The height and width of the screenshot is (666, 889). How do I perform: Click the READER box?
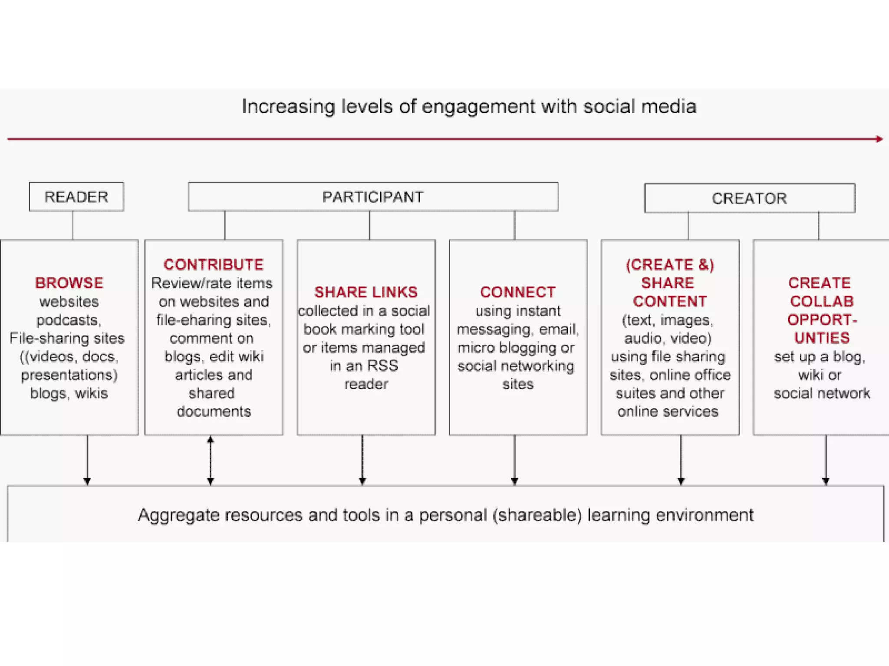pyautogui.click(x=76, y=197)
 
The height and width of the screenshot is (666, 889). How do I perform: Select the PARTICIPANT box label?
pyautogui.click(x=372, y=197)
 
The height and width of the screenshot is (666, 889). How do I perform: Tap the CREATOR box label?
pyautogui.click(x=749, y=198)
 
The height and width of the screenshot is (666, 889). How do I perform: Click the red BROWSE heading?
pyautogui.click(x=69, y=283)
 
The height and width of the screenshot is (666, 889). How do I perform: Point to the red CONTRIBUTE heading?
pyautogui.click(x=214, y=264)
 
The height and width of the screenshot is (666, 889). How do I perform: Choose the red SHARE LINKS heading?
pyautogui.click(x=366, y=292)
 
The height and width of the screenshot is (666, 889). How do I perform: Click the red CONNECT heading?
pyautogui.click(x=518, y=292)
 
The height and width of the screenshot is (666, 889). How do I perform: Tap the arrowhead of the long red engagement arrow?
pyautogui.click(x=879, y=139)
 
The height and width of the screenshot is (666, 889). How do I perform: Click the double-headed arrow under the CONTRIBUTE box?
pyautogui.click(x=211, y=460)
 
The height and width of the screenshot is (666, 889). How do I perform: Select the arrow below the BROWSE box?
pyautogui.click(x=87, y=460)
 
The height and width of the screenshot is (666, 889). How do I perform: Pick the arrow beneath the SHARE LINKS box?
pyautogui.click(x=362, y=460)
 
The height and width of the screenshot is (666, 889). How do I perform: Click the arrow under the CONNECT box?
pyautogui.click(x=514, y=460)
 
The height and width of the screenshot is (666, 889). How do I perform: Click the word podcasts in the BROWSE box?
pyautogui.click(x=69, y=320)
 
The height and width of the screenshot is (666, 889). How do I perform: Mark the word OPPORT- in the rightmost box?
pyautogui.click(x=822, y=320)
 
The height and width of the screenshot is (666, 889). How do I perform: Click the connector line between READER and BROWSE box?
pyautogui.click(x=73, y=225)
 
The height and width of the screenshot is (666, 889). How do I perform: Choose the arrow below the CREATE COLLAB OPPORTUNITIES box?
pyautogui.click(x=826, y=460)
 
